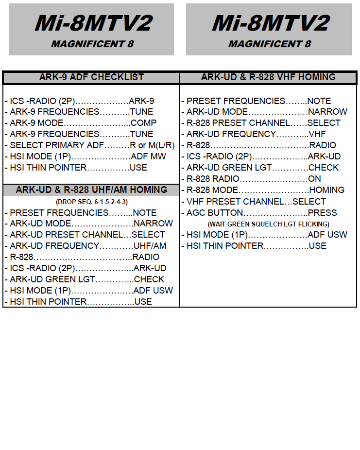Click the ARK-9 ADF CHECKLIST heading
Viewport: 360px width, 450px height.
pos(91,77)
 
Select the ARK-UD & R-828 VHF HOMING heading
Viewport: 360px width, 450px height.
pos(268,77)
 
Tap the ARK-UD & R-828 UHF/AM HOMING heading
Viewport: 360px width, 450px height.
pos(91,190)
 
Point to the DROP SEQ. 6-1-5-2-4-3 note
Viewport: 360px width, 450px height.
pos(92,202)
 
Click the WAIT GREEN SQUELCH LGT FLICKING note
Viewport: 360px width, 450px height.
pos(269,224)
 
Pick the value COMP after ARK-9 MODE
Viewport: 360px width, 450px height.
pos(143,123)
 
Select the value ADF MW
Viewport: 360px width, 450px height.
pos(148,156)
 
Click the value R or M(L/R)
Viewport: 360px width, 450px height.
pos(152,145)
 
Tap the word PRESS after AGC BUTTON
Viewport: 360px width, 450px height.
pos(323,213)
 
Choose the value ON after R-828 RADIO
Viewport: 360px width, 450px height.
pos(315,179)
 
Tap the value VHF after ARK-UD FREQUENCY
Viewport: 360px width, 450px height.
pos(317,134)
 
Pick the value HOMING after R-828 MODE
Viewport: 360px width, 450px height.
pos(327,190)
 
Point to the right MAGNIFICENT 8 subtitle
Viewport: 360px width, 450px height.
pos(270,44)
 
